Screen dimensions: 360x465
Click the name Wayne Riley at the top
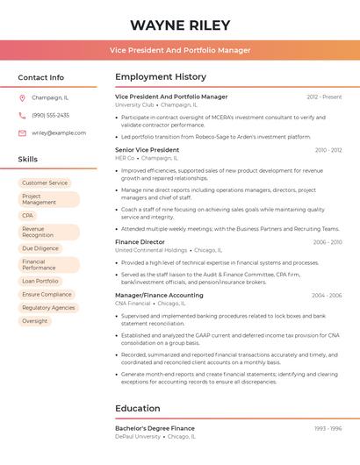(x=180, y=25)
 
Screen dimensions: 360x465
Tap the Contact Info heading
(x=41, y=77)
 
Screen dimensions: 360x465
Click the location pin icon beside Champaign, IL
(x=22, y=97)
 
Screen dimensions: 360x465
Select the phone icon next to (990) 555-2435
(x=22, y=115)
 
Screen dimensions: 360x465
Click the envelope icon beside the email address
(x=22, y=133)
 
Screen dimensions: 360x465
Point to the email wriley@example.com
(x=59, y=133)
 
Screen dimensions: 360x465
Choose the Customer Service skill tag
(x=45, y=182)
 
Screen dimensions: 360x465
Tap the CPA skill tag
(x=28, y=215)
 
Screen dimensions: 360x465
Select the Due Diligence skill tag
(x=40, y=248)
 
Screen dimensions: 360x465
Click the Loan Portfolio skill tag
(x=40, y=281)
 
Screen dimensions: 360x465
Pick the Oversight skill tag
(x=35, y=321)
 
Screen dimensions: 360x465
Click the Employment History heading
(x=161, y=77)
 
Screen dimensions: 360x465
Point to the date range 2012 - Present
(x=324, y=97)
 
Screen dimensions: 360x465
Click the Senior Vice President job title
(x=147, y=150)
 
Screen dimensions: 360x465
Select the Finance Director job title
(x=140, y=241)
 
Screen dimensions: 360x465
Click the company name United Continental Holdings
(x=151, y=250)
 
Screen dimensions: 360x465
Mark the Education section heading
(x=137, y=408)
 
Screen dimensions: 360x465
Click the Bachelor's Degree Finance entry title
(x=155, y=427)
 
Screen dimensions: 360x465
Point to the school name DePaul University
(x=138, y=436)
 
